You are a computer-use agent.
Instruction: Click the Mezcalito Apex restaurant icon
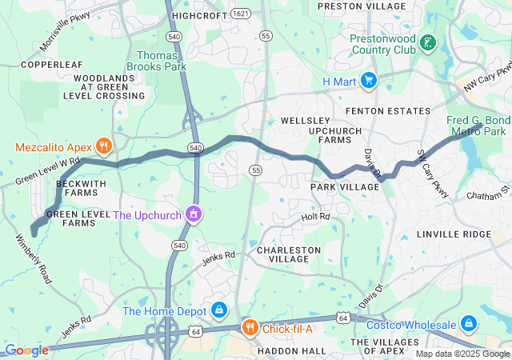(103, 146)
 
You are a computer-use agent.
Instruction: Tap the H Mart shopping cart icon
(369, 80)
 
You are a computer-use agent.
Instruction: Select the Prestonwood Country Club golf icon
(430, 43)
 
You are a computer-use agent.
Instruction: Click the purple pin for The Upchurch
(193, 214)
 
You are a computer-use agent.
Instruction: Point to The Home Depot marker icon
(218, 310)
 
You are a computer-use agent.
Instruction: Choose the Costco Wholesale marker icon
(469, 324)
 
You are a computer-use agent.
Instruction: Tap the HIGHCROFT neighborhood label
(200, 15)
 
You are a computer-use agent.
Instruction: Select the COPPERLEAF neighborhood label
(51, 64)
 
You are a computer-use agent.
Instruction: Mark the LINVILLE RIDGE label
(454, 234)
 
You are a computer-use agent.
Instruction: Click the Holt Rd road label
(314, 217)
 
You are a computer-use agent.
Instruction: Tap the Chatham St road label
(494, 192)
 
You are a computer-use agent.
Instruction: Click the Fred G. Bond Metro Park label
(477, 126)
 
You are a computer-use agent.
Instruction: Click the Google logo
(26, 350)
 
